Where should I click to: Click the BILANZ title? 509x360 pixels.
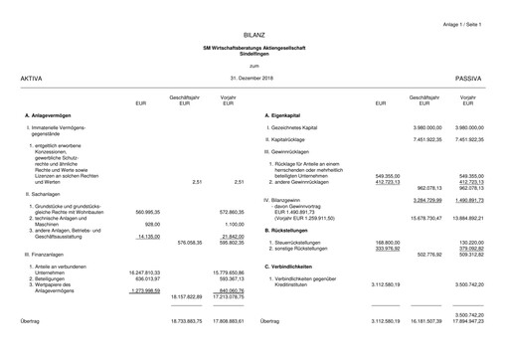254,36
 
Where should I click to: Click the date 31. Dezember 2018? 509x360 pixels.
253,77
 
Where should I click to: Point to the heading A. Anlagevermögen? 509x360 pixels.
48,116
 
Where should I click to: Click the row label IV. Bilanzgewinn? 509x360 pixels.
289,200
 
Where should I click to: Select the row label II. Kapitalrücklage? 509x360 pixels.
289,140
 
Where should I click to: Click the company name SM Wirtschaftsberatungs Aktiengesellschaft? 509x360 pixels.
254,48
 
